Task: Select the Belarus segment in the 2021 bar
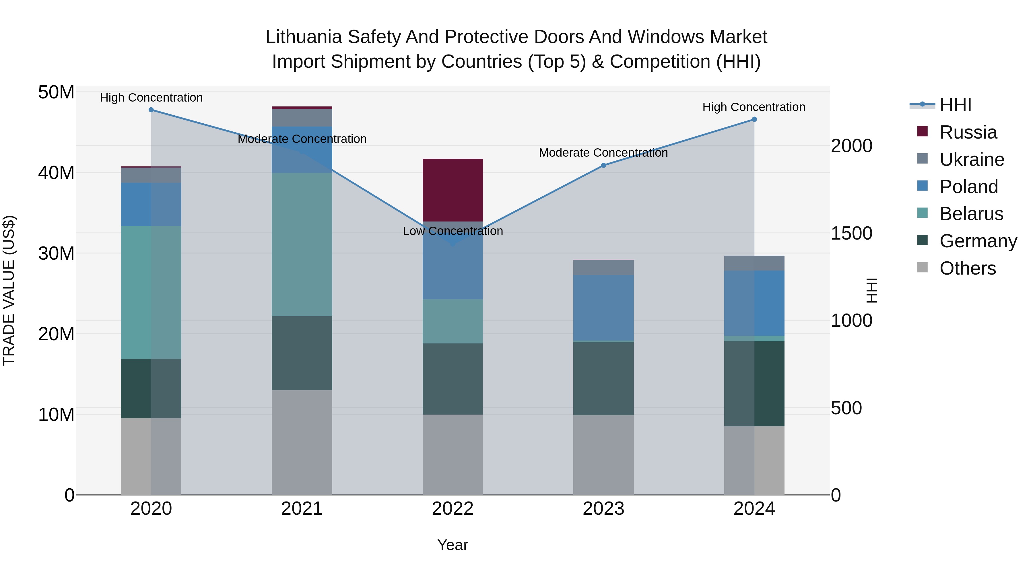(302, 244)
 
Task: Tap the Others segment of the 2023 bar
(603, 455)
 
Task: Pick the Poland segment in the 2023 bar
(603, 308)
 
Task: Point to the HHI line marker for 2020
(151, 110)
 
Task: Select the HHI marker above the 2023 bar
(603, 165)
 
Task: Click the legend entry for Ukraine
(972, 160)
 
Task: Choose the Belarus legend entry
(971, 214)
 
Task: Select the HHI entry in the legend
(955, 105)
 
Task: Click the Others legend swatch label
(967, 268)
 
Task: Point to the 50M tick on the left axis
(56, 93)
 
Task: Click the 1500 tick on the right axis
(851, 233)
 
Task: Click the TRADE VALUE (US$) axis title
(9, 290)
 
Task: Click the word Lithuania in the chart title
(304, 37)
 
